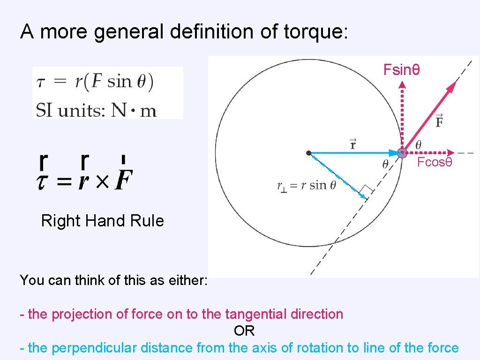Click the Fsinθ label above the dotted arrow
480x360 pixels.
point(401,70)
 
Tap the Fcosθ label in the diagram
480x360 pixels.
point(435,163)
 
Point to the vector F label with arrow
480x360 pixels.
point(439,120)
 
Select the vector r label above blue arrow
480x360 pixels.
point(353,143)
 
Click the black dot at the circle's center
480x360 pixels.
point(308,153)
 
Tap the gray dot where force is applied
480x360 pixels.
point(402,152)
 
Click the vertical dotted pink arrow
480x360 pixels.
point(402,115)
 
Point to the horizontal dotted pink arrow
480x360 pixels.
point(429,152)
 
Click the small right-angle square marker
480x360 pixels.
point(367,191)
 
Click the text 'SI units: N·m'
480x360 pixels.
point(96,110)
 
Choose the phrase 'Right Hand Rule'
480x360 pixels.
point(103,220)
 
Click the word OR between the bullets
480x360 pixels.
point(244,330)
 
